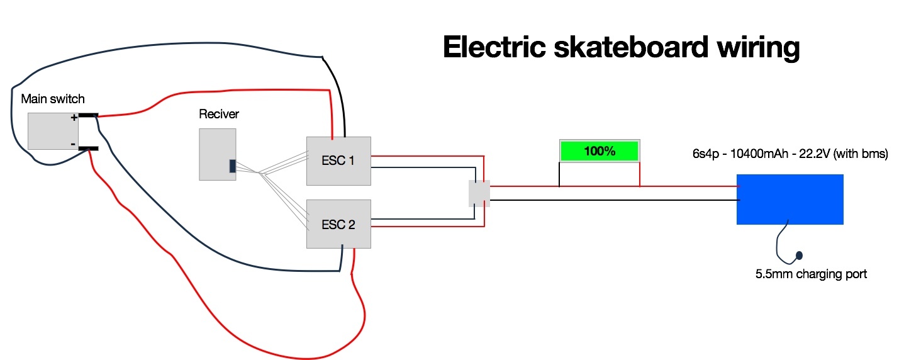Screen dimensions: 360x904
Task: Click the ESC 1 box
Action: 338,160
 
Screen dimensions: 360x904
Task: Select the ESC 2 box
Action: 338,224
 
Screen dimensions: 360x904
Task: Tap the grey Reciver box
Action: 217,154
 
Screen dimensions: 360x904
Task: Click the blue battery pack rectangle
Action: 790,200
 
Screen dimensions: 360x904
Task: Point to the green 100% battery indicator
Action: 599,152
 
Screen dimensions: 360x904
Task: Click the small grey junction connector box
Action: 479,194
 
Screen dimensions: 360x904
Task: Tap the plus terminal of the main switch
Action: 88,116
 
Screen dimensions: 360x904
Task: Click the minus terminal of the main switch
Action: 88,148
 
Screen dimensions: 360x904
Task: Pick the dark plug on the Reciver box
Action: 232,166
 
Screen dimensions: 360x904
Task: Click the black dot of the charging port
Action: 799,256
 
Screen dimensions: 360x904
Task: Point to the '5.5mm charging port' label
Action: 811,274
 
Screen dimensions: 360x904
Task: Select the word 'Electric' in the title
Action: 491,47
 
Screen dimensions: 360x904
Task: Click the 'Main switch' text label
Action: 53,99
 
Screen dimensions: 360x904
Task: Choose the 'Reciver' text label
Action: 219,114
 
